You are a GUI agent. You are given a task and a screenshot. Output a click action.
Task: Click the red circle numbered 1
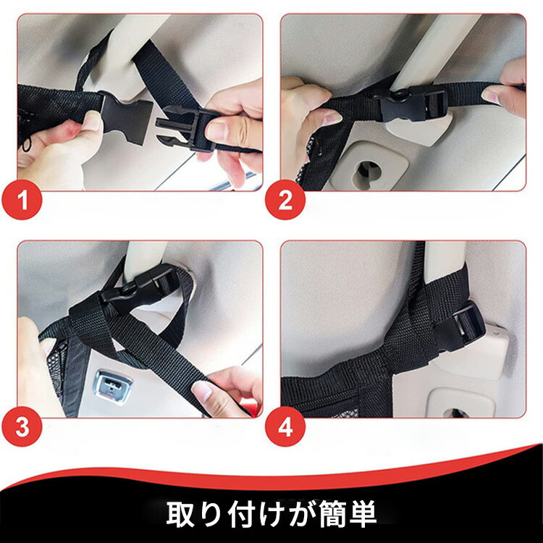22,200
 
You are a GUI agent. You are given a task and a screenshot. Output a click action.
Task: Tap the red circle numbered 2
285,200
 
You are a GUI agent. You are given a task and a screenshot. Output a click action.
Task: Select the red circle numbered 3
22,426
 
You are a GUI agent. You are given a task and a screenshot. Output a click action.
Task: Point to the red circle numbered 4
285,426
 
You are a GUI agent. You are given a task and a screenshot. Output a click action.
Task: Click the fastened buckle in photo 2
412,102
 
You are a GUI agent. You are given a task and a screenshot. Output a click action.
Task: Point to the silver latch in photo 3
111,387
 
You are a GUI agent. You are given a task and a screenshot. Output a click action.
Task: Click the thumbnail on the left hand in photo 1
93,119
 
